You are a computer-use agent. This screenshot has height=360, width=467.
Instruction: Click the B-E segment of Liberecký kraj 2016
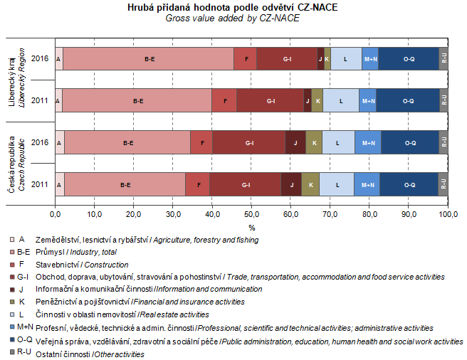tap(149, 58)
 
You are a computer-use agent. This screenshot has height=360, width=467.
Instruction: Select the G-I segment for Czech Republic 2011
tap(246, 184)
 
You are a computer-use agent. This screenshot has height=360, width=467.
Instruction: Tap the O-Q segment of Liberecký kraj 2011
tap(408, 101)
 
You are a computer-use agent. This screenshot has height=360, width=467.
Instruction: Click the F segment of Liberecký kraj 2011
tap(224, 101)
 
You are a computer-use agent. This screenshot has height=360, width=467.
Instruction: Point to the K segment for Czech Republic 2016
tap(314, 142)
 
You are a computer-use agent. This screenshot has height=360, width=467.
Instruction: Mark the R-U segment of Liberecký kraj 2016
tap(444, 58)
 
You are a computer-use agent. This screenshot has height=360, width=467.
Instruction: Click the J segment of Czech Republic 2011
tap(291, 184)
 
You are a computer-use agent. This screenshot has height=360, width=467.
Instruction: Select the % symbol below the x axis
tap(251, 228)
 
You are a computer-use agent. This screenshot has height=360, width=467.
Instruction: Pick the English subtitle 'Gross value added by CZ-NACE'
tap(232, 18)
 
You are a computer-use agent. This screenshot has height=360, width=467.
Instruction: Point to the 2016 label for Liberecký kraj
tap(40, 58)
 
